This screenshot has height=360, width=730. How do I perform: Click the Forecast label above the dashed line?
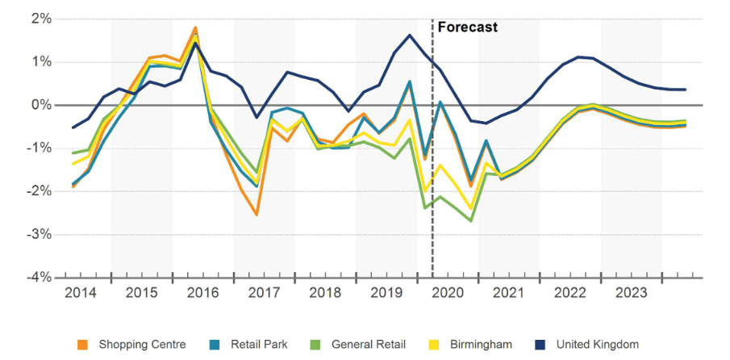tap(467, 27)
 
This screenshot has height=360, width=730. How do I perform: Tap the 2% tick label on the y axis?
tap(40, 19)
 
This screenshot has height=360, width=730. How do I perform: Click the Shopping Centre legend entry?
tap(142, 345)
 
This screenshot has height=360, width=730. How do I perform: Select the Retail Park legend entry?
tap(258, 345)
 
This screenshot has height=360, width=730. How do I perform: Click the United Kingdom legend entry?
tap(597, 345)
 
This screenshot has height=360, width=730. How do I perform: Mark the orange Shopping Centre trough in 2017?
tap(256, 214)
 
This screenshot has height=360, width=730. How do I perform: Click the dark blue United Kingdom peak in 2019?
tap(410, 36)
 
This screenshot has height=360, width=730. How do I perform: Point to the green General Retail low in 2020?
tap(470, 220)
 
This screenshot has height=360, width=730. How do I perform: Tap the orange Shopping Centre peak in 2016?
tap(195, 27)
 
